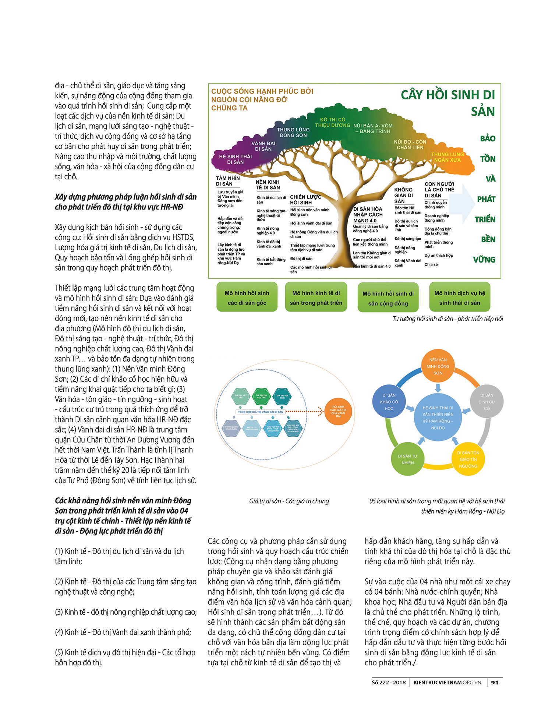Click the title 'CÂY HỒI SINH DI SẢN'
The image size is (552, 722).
(x=447, y=103)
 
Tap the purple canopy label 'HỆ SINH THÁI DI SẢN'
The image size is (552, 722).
(x=235, y=159)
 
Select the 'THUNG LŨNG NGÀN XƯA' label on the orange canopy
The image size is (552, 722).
(x=447, y=157)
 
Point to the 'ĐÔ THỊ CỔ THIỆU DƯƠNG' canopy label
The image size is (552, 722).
(x=333, y=122)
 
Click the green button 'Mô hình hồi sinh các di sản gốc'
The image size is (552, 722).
(x=247, y=297)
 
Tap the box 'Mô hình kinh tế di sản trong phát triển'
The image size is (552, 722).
(x=316, y=297)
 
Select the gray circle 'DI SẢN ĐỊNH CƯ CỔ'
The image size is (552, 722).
(x=486, y=402)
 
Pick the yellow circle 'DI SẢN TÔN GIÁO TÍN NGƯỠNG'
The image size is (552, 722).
(x=468, y=459)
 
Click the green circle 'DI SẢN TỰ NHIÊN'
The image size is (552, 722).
(x=407, y=459)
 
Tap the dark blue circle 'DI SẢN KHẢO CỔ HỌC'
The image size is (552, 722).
(x=389, y=402)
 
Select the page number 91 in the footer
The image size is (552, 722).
(x=495, y=682)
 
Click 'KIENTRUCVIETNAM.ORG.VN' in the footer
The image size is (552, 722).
(x=447, y=682)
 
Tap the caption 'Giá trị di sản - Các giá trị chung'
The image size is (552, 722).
(x=289, y=501)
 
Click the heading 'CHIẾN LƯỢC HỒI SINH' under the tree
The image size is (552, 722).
(x=305, y=200)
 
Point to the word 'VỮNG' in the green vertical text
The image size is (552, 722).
(x=484, y=260)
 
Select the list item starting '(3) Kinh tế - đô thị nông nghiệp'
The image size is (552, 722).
(x=126, y=612)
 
